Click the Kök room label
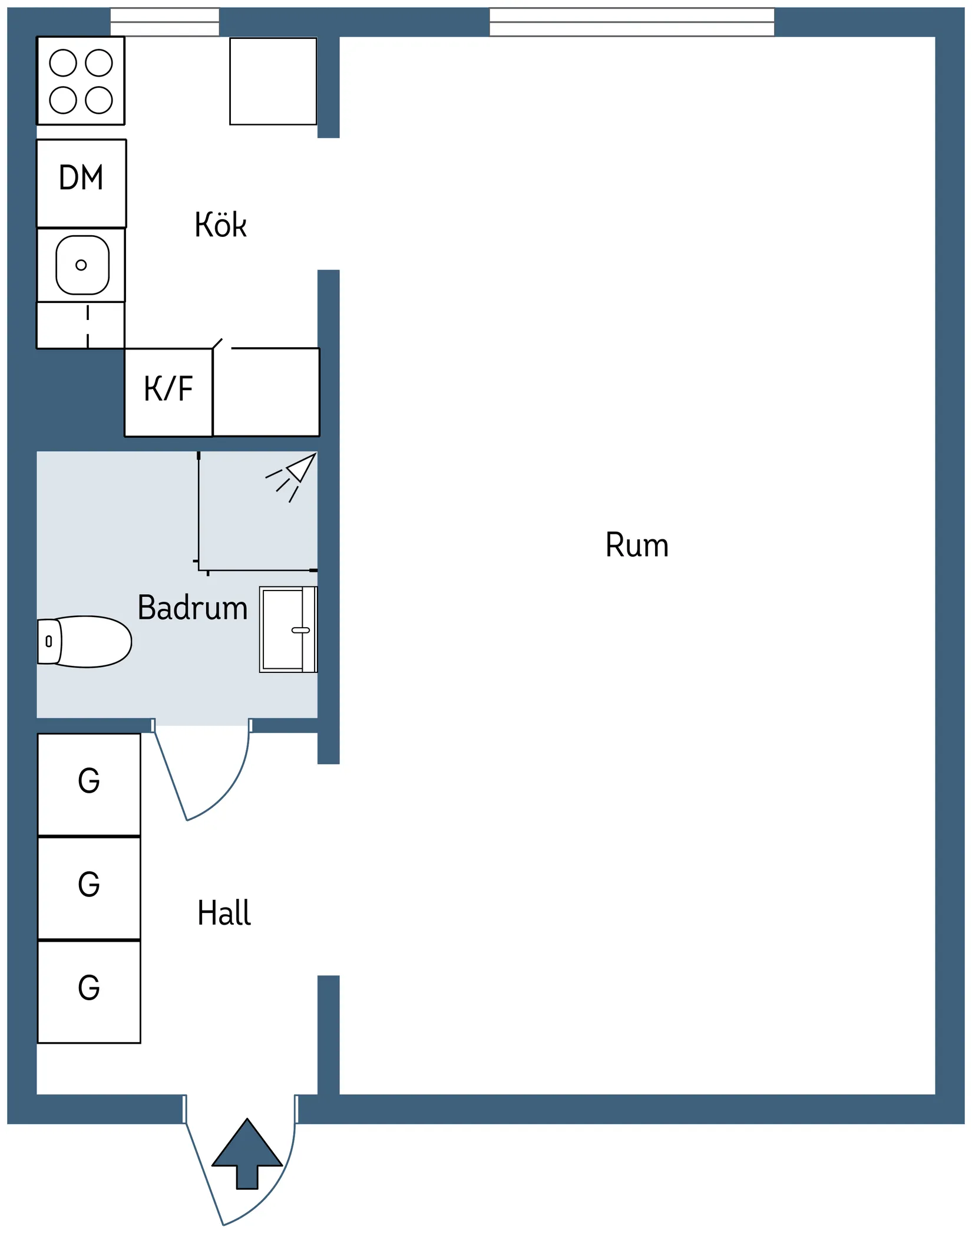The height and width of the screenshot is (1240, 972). tap(220, 225)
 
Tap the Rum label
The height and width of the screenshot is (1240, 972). tap(637, 545)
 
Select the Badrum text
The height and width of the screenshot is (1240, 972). tap(192, 608)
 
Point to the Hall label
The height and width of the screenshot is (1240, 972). tap(224, 913)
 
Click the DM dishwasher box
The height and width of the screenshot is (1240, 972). tap(81, 183)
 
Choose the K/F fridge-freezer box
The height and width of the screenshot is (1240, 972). tap(168, 392)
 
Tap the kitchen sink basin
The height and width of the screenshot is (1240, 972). tap(82, 265)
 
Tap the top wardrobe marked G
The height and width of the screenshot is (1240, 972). tap(89, 784)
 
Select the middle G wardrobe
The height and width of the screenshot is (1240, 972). tap(89, 888)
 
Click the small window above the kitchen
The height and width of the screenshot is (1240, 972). tap(165, 22)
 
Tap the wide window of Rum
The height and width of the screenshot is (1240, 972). tap(632, 22)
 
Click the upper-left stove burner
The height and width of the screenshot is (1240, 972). tap(63, 63)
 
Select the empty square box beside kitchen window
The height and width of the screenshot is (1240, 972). tap(273, 81)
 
